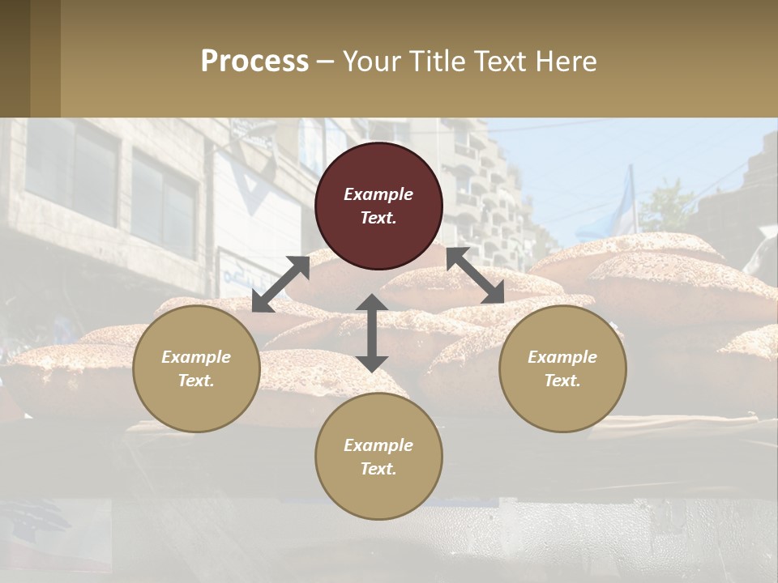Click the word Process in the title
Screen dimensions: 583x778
254,62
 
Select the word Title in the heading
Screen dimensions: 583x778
435,62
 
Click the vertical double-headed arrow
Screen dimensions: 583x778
372,333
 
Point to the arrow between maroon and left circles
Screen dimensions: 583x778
280,283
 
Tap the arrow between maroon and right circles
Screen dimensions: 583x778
476,275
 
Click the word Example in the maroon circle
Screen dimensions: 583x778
378,194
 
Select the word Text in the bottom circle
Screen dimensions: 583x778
378,469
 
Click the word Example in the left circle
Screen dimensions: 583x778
196,357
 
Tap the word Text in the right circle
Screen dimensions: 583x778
562,381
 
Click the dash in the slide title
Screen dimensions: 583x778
326,62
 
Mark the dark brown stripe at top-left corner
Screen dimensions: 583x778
15,58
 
